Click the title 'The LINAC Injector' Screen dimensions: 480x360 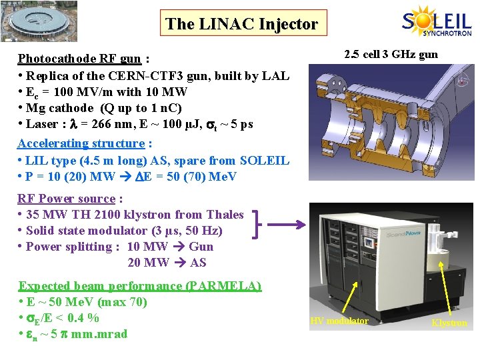coord(241,24)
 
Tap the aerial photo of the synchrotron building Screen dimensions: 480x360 coord(39,21)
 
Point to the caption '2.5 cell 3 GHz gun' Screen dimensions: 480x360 coord(391,54)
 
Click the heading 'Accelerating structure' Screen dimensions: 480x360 coord(81,143)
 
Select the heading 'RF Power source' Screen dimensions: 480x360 coord(66,199)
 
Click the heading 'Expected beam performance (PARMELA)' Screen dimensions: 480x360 coord(139,286)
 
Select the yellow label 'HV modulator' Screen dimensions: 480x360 coord(339,321)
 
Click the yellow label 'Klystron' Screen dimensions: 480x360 coord(449,323)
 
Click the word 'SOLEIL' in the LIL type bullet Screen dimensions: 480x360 coord(264,161)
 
